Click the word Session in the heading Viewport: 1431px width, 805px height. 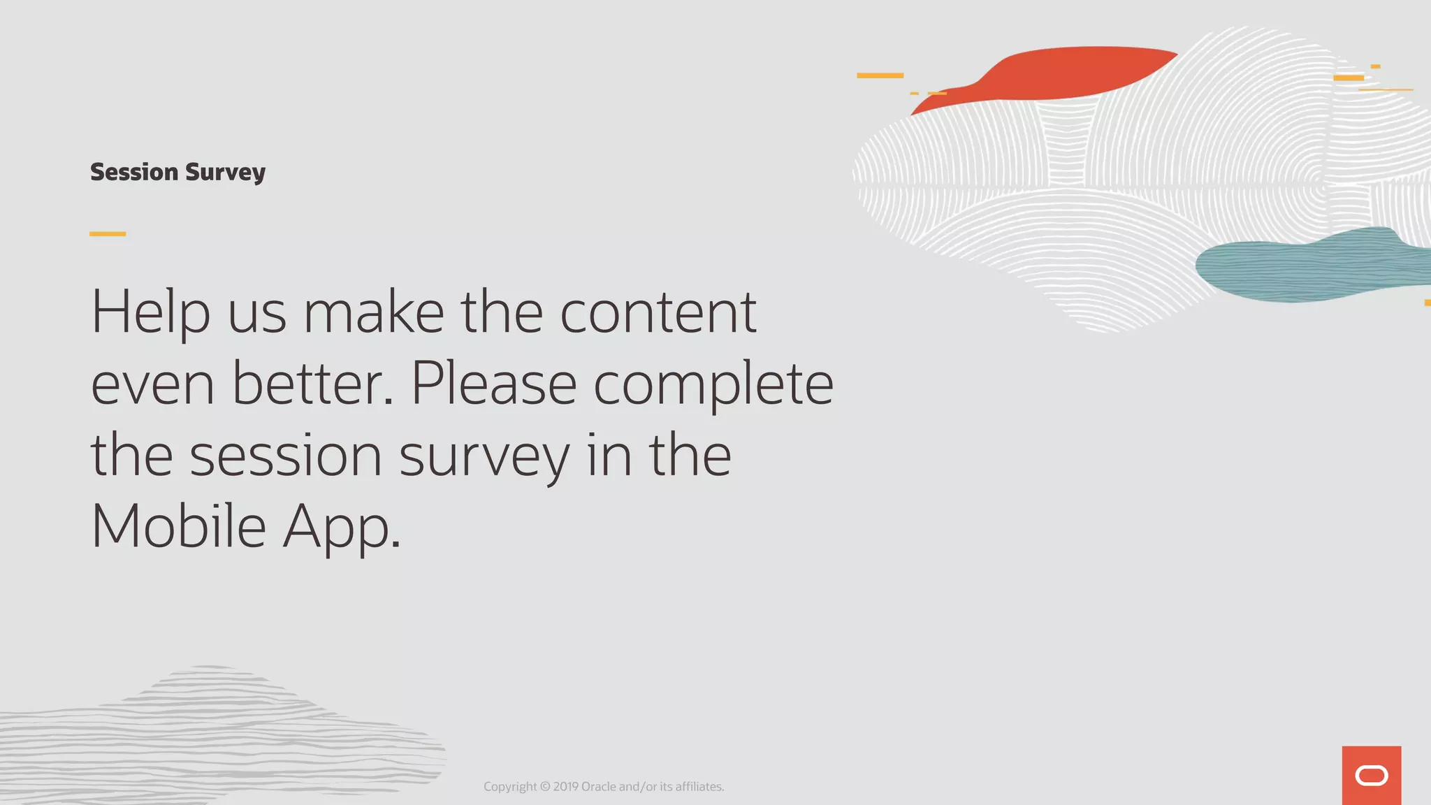(134, 172)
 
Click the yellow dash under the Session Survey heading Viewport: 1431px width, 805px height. (108, 233)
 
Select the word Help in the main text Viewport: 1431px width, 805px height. (150, 312)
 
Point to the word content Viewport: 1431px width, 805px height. (658, 312)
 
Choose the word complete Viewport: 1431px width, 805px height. (713, 385)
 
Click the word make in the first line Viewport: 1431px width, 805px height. (374, 312)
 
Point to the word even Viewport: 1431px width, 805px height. (152, 385)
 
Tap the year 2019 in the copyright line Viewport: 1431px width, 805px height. (565, 787)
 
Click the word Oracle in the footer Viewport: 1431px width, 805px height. (599, 787)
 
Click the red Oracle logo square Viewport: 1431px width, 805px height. (1371, 776)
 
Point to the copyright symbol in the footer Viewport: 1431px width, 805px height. (545, 787)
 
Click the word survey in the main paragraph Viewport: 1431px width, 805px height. (484, 456)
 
